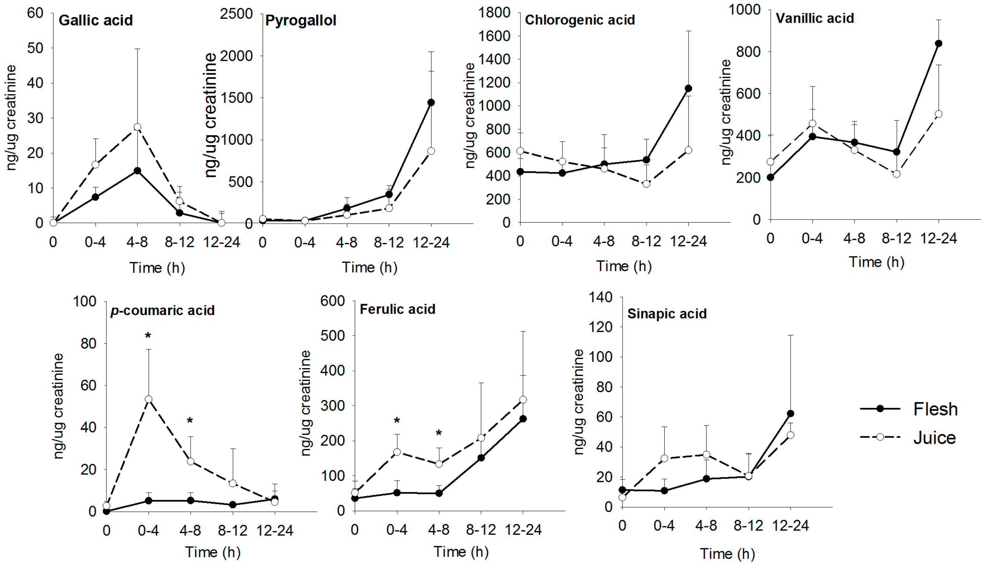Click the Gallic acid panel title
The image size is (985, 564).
tap(95, 20)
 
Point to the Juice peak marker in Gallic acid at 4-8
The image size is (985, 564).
tap(137, 127)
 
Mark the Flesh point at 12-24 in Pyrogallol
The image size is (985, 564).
tap(431, 102)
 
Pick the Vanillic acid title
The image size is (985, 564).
tap(814, 18)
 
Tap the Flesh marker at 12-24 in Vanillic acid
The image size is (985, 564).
tap(938, 43)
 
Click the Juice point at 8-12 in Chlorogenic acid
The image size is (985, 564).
tap(646, 184)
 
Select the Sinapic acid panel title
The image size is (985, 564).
tap(667, 314)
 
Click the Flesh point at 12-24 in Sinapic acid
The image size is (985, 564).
tap(791, 414)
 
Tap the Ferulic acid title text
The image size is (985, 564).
tap(397, 309)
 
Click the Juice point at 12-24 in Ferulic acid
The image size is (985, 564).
tap(523, 399)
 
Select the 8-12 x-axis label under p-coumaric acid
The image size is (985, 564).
tap(233, 530)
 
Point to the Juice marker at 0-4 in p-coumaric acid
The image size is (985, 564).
tap(148, 399)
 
